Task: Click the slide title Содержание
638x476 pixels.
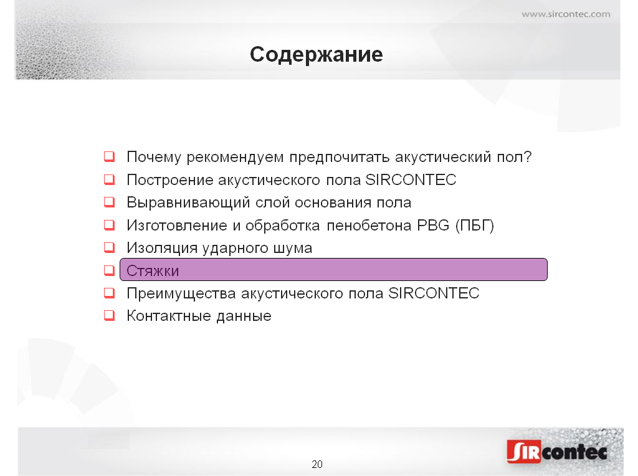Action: tap(316, 55)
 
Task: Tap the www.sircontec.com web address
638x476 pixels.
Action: tap(566, 14)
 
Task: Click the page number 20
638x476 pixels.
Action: tap(317, 464)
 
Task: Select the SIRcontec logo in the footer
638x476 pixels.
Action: tap(558, 451)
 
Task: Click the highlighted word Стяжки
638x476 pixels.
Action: tap(153, 271)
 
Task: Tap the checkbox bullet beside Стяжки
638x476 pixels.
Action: tap(110, 270)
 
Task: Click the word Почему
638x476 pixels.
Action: tap(154, 157)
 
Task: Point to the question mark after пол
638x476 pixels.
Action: tap(528, 156)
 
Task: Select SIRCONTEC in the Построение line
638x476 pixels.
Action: tap(411, 179)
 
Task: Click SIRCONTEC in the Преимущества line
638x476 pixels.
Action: tap(434, 293)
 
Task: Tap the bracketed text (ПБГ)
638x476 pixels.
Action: tap(475, 226)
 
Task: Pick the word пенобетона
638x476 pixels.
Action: tap(369, 226)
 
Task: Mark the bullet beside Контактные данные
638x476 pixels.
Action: tap(110, 315)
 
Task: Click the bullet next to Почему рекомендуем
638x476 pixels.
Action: tap(110, 156)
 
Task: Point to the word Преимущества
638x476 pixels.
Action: tap(181, 293)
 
